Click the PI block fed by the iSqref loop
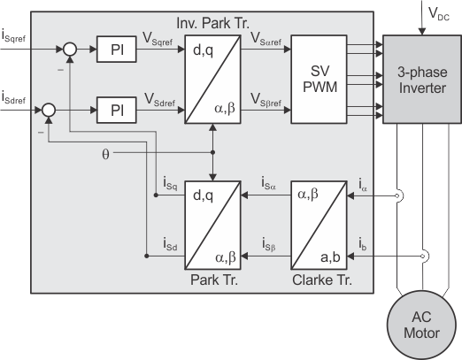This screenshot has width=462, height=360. tap(117, 50)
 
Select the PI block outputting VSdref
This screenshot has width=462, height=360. tap(117, 110)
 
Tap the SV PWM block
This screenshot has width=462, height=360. tap(319, 79)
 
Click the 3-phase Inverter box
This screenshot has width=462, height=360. tap(422, 79)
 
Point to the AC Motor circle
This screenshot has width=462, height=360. tap(422, 325)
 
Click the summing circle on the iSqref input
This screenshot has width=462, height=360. tap(70, 50)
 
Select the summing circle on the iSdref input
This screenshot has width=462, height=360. tap(49, 110)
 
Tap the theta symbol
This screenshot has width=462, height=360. tap(105, 154)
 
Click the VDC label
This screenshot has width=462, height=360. tap(439, 14)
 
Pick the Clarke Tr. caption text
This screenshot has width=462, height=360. tap(322, 280)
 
